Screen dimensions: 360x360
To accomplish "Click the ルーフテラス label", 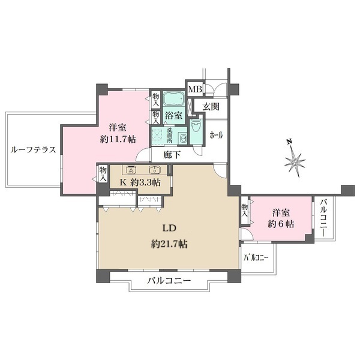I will coord(34,151).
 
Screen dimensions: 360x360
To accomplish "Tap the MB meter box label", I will coord(196,89).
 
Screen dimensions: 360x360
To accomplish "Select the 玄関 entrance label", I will coord(211,107).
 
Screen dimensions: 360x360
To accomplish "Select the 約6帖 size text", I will coord(281,224).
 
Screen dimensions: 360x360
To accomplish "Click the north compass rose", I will coord(295,160).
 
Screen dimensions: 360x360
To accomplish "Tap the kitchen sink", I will coord(155,169).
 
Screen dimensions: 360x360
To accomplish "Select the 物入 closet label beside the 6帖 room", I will coord(245,210).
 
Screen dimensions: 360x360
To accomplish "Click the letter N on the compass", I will coord(289,142).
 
